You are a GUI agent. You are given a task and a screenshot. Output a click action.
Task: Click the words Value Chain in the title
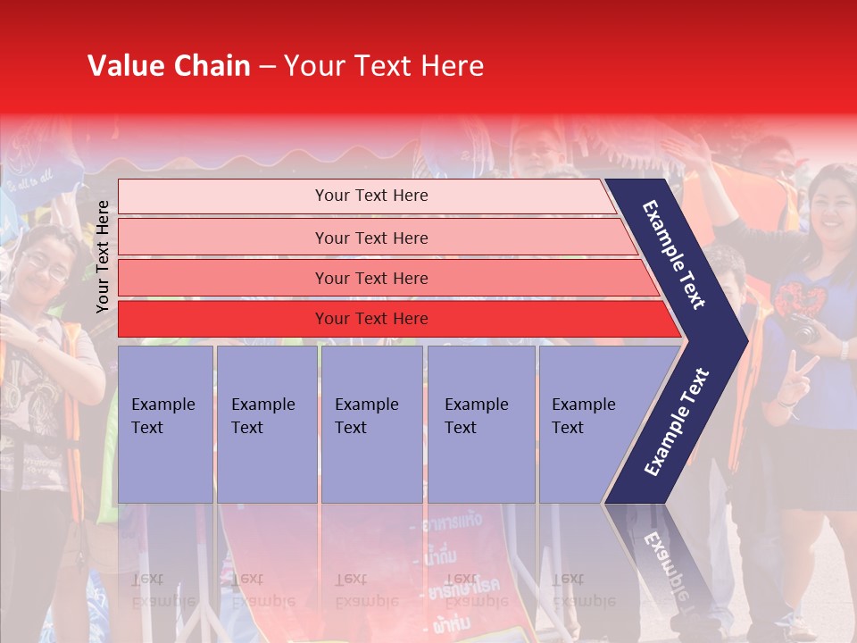(x=169, y=66)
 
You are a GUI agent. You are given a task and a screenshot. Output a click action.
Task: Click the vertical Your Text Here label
(x=103, y=256)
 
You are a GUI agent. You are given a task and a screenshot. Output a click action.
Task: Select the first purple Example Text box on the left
(x=165, y=423)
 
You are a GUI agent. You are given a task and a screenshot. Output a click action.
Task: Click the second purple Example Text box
(x=266, y=423)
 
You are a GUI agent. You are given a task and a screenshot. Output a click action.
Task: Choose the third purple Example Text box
(x=371, y=423)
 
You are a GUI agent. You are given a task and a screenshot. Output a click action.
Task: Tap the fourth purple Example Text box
(x=480, y=423)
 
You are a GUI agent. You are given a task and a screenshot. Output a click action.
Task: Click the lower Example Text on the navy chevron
(x=677, y=422)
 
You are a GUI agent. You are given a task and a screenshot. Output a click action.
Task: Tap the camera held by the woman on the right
(x=802, y=329)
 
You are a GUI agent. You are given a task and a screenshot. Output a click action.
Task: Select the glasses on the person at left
(x=46, y=265)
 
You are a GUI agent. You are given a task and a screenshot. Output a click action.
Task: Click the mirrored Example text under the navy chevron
(x=665, y=554)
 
